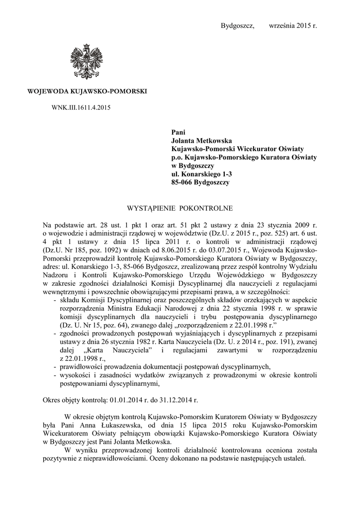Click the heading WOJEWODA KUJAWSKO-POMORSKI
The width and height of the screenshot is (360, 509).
[87, 92]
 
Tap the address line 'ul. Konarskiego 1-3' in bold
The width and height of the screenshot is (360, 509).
[201, 174]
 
